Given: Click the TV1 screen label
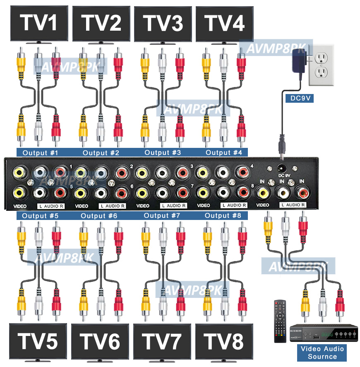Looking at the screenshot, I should click(x=39, y=23).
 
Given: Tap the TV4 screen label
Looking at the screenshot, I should click(x=225, y=23).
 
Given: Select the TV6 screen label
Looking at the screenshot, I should click(x=100, y=342).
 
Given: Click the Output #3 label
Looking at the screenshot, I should click(x=163, y=152).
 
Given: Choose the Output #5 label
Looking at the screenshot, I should click(x=40, y=216).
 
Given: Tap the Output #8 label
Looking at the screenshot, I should click(x=223, y=215).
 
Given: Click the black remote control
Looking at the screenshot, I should click(x=280, y=321).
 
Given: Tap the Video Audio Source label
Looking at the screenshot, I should click(x=322, y=353).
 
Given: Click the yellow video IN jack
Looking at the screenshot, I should click(x=262, y=192).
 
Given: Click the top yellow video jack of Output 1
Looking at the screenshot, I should click(x=19, y=171).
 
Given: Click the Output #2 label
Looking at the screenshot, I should click(x=101, y=153).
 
